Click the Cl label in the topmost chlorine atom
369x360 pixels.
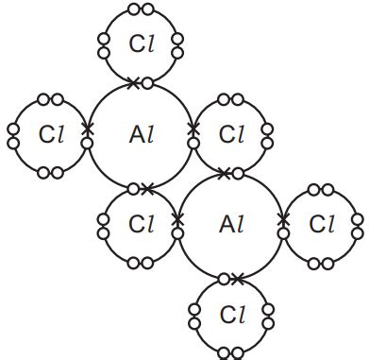pos(141,43)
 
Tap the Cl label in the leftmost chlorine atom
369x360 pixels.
pos(51,134)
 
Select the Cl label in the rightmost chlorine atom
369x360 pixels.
pos(322,225)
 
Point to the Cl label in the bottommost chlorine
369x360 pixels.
pos(231,313)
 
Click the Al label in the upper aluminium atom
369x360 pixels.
pos(141,134)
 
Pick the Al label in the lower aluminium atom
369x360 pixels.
pos(231,225)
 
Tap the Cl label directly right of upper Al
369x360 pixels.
pos(231,134)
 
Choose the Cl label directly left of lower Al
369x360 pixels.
pos(141,225)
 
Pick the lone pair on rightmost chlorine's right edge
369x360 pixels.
pos(358,225)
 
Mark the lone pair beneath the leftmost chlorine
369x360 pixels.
pos(51,172)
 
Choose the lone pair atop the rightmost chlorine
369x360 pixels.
pos(322,190)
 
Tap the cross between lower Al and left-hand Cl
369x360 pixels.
pos(178,219)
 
